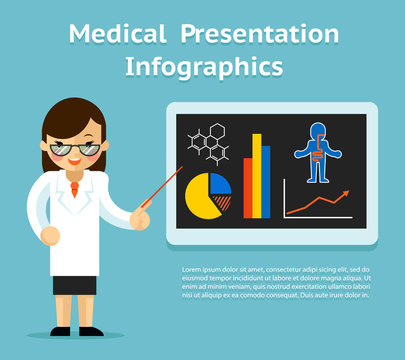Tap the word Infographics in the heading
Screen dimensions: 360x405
(203, 67)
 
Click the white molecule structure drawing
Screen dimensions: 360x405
(209, 144)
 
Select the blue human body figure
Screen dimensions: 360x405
(318, 151)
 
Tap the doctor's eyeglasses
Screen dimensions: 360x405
(75, 148)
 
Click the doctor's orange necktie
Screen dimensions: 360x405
(74, 187)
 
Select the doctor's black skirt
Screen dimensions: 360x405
(74, 285)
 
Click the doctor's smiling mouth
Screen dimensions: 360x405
(75, 162)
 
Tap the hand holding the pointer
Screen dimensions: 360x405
(140, 217)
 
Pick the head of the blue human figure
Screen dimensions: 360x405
(318, 129)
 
